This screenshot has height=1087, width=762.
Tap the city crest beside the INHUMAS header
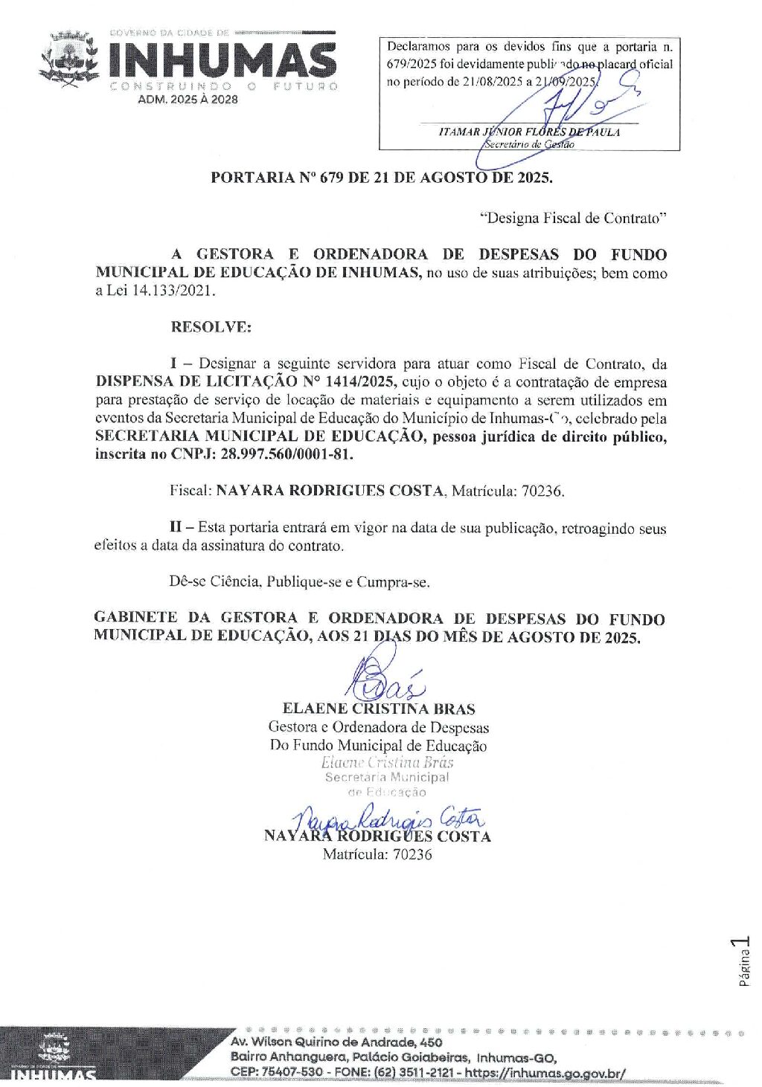70,59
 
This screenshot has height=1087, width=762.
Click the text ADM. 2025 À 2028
188,99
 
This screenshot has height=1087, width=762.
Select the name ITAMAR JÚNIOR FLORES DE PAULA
529,132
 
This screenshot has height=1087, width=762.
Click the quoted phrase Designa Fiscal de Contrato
573,219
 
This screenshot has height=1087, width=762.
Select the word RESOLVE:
211,326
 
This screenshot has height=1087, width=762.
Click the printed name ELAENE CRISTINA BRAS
378,709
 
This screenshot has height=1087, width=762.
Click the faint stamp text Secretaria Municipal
386,777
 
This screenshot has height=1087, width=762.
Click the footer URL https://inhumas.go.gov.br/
545,1073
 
